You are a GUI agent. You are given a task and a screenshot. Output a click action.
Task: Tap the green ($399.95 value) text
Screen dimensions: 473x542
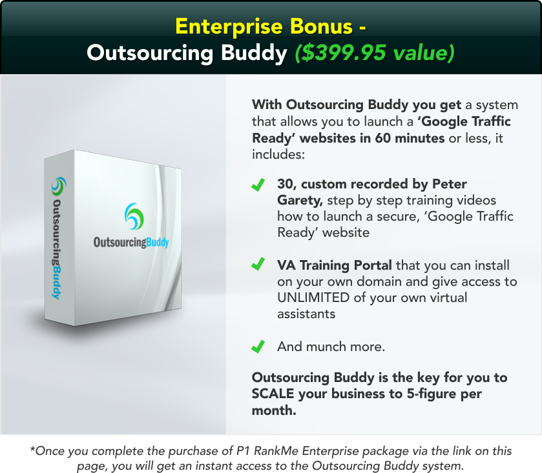[x=374, y=53]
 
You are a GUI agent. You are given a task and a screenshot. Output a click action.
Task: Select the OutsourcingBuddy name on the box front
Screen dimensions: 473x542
[x=131, y=243]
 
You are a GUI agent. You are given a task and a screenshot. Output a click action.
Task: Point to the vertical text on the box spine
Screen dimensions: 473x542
[x=57, y=245]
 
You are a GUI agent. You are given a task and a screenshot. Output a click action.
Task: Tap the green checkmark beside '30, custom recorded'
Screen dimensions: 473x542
[x=258, y=185]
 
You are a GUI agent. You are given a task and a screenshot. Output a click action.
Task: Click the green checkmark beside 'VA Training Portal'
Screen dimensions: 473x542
[x=258, y=265]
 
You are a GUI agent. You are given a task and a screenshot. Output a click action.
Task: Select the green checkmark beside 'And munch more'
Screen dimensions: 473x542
[x=258, y=347]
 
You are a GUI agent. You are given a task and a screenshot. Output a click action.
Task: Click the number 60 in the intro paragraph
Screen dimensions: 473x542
[x=382, y=137]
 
